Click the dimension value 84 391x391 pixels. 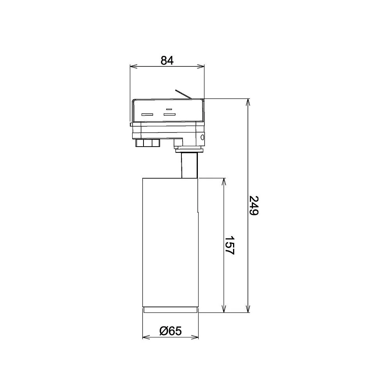pos(167,60)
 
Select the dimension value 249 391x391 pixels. pos(254,206)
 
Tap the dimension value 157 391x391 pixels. pos(229,245)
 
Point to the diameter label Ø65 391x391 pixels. pos(170,331)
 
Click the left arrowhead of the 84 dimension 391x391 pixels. pos(133,66)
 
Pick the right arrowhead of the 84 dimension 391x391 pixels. pos(201,66)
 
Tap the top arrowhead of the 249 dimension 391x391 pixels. pos(248,102)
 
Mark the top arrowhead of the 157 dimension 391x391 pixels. pos(224,182)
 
